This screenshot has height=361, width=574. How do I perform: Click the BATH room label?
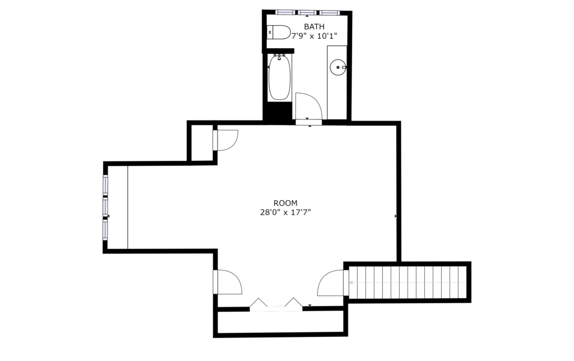point(314,26)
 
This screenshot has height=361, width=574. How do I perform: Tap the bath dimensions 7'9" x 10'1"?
point(314,36)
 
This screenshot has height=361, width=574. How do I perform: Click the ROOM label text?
point(285,203)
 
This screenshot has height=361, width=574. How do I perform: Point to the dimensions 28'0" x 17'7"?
point(285,212)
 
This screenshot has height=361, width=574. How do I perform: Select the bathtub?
point(280,77)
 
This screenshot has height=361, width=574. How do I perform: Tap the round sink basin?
point(337,67)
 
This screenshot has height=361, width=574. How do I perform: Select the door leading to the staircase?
point(331,283)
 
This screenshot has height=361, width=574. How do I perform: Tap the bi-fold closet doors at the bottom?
point(276,304)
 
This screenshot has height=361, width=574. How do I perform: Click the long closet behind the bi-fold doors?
point(280,322)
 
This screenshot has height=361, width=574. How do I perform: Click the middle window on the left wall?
point(105,206)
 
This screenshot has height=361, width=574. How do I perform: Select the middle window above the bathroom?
point(307,12)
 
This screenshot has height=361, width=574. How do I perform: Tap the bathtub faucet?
point(280,57)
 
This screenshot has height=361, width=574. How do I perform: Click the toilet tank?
point(270,32)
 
